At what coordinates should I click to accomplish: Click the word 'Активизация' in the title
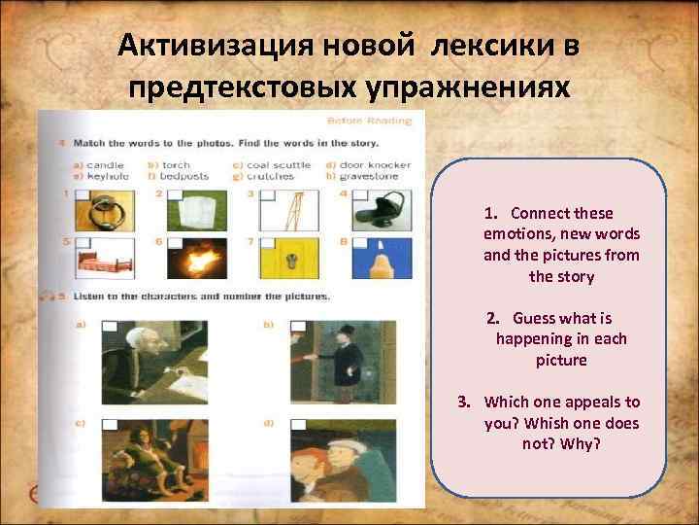[x=198, y=46]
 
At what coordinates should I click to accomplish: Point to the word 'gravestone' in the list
[x=381, y=176]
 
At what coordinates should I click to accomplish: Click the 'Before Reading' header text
[x=369, y=122]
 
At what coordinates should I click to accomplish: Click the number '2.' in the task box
[x=494, y=318]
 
